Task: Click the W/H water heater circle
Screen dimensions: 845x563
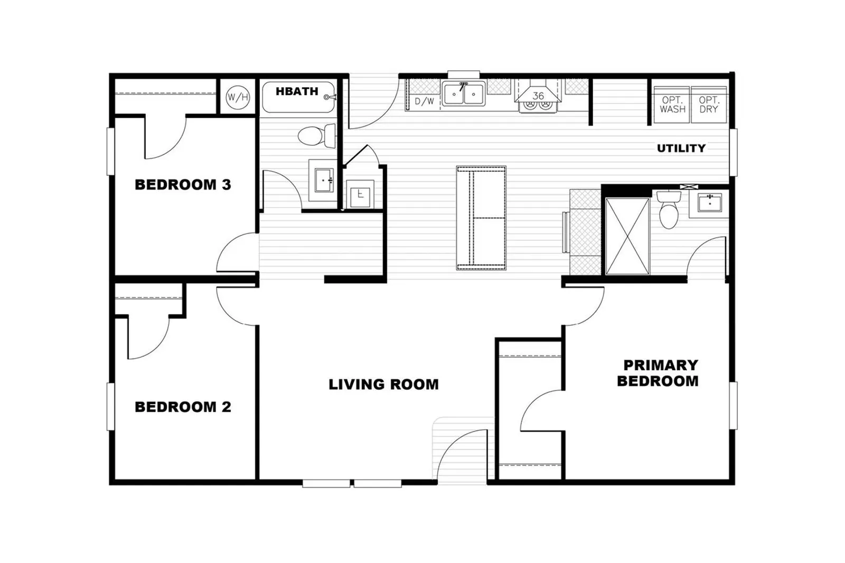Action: (238, 97)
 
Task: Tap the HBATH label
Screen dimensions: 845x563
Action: (297, 91)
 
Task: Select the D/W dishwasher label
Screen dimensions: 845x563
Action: (425, 101)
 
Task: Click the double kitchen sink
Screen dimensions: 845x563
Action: (464, 93)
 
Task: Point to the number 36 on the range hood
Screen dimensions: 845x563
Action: (538, 96)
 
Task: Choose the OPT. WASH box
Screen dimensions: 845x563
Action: (673, 105)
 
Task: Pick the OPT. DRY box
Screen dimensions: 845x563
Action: (709, 105)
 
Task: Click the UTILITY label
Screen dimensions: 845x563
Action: (681, 148)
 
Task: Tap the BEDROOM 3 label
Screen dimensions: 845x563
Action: (183, 184)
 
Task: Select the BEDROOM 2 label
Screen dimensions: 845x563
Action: (183, 407)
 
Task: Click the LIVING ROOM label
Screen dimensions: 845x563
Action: (383, 384)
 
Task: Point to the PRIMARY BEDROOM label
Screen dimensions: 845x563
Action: (658, 373)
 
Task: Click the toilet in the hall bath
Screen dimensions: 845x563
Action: (316, 135)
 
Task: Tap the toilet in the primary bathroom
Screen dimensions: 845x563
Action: (669, 210)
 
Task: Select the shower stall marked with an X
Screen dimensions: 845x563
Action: (627, 236)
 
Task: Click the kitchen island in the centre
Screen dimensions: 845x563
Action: (481, 218)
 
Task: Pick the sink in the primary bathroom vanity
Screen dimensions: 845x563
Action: (709, 203)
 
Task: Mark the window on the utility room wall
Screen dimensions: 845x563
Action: (733, 153)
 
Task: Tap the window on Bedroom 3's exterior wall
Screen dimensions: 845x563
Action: (110, 152)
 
